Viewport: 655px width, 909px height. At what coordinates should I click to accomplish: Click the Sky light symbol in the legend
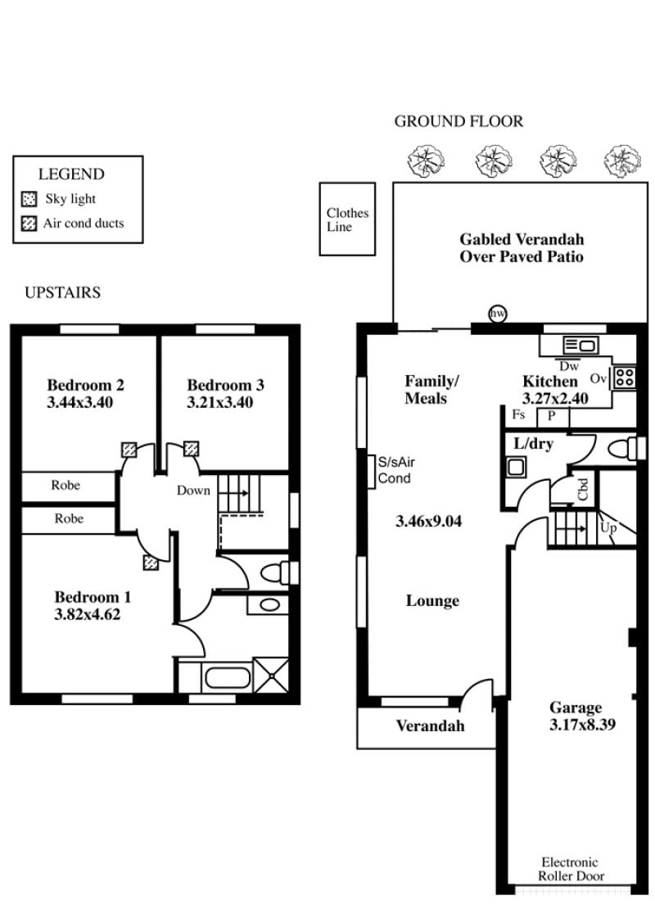coord(29,200)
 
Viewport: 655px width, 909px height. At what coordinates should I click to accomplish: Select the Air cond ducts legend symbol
coord(29,224)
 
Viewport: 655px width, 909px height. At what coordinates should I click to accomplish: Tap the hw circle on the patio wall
coord(497,314)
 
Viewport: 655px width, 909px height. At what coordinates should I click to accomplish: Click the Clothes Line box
coord(347,219)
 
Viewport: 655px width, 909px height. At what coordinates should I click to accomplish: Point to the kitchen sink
coord(580,346)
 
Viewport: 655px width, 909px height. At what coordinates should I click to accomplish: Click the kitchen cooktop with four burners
coord(624,378)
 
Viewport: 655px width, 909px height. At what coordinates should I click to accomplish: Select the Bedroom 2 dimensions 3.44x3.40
coord(80,402)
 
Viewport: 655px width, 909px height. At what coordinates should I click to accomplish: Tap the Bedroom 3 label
coord(225,385)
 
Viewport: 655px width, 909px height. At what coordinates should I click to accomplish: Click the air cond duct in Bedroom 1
coord(151,563)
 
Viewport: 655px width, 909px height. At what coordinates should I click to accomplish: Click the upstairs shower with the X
coord(271,674)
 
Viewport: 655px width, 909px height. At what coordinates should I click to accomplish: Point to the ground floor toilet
coord(626,448)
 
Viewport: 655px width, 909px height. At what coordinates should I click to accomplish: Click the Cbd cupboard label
coord(583,489)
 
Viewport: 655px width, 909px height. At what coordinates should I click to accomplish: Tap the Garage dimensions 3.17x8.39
coord(582,724)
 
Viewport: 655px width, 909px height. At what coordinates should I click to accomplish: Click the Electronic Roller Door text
coord(571,869)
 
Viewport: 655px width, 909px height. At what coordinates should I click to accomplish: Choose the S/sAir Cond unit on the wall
coord(371,472)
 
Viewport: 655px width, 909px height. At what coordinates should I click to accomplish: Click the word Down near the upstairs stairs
coord(193,491)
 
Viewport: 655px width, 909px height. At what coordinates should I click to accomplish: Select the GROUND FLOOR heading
coord(458,121)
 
